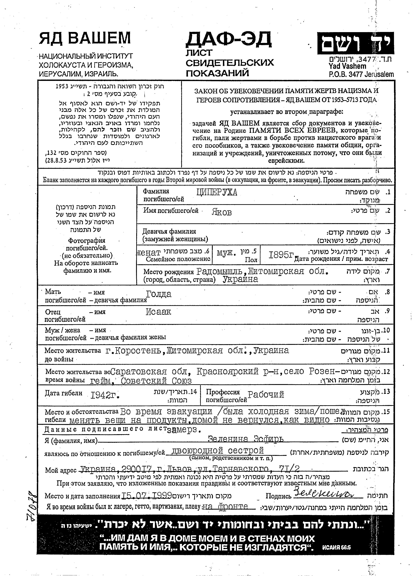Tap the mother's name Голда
[159, 294]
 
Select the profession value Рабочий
[266, 394]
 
